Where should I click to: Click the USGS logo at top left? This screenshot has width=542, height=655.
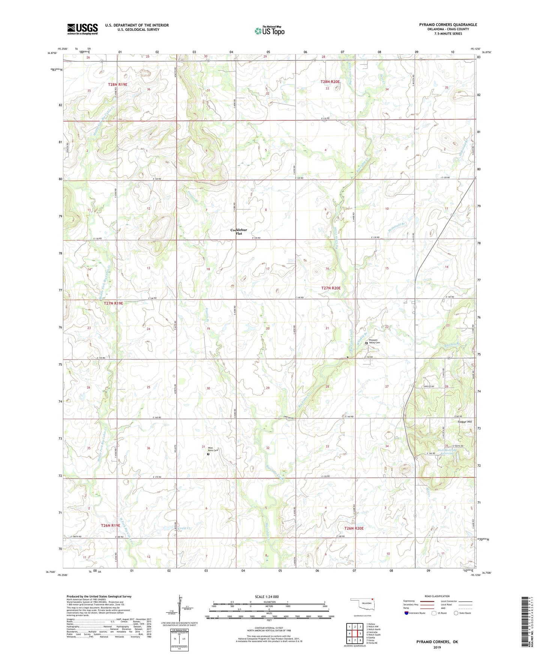tap(83, 29)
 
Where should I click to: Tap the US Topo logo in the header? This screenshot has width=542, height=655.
tap(269, 31)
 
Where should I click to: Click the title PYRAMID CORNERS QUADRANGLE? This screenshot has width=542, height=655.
tap(448, 25)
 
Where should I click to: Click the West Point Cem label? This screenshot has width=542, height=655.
tap(213, 449)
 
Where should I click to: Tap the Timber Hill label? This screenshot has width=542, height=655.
tap(464, 422)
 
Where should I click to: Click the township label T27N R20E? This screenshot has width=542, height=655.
tap(331, 288)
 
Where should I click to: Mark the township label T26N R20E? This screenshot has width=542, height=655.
tap(354, 528)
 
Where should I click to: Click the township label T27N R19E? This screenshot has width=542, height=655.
tap(113, 303)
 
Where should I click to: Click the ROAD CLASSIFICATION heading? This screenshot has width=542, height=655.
tap(437, 596)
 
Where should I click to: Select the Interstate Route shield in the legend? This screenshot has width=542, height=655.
tap(407, 613)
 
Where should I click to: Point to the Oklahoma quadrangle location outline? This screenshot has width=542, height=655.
tap(362, 604)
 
